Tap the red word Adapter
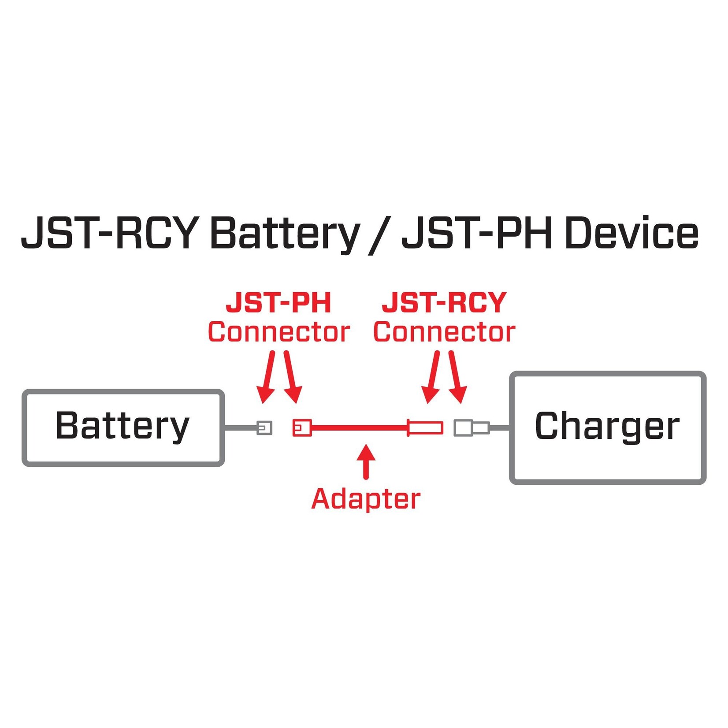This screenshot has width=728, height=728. point(365,499)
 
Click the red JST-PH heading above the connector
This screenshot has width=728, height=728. point(278,303)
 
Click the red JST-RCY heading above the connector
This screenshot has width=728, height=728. point(444,303)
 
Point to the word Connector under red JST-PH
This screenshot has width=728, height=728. point(279,332)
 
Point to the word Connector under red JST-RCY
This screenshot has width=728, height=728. point(444,332)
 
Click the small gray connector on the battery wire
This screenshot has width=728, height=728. point(264,427)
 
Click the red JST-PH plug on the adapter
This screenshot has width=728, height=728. point(302,427)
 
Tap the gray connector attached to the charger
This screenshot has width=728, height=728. point(471,427)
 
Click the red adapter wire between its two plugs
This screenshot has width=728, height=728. point(359,427)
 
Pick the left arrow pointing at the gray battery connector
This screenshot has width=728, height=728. point(267,377)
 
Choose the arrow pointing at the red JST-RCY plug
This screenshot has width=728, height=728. point(432,377)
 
